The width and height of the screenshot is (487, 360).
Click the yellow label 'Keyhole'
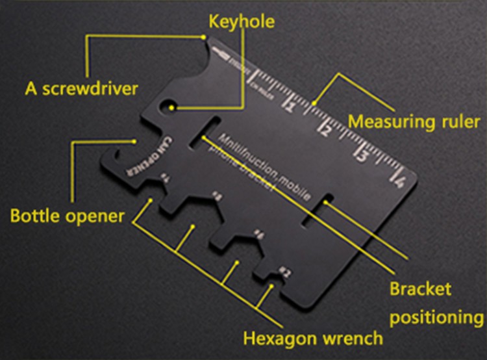(x=241, y=22)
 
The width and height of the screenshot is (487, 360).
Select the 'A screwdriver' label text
(x=81, y=88)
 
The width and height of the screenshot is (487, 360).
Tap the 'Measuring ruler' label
(x=414, y=122)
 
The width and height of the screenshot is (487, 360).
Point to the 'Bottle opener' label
(x=66, y=215)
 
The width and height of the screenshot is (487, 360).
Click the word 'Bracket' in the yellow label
(x=419, y=288)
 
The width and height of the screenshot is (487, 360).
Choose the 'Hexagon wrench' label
(x=313, y=338)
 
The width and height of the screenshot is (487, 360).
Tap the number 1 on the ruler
(x=292, y=104)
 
